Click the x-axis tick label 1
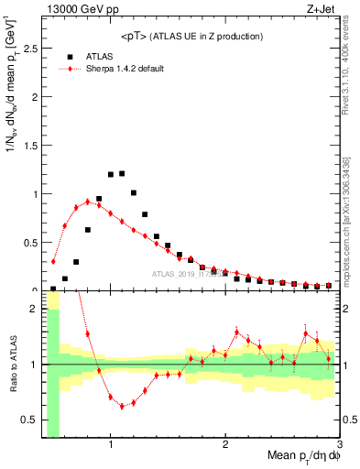(111, 444)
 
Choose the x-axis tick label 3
(339, 444)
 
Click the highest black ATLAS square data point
(122, 173)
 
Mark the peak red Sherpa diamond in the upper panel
(88, 202)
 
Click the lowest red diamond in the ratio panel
(122, 407)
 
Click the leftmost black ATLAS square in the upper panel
(53, 289)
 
